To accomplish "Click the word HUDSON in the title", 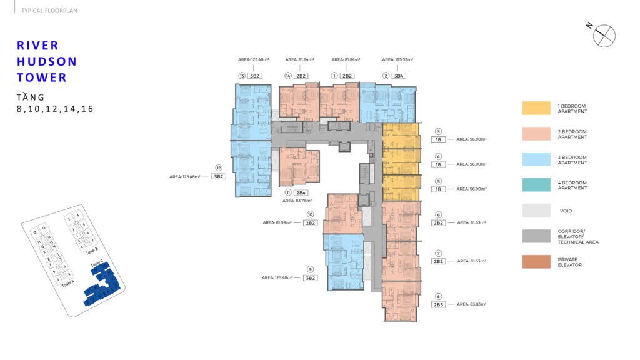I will (x=47, y=61).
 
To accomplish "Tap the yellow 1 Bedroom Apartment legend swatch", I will (x=536, y=108).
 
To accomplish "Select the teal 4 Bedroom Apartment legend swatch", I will (x=536, y=185).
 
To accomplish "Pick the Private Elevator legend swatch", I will (x=536, y=262).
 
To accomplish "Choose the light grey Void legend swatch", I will (x=536, y=211).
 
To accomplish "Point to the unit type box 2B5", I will (x=438, y=304).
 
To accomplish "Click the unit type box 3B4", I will (x=399, y=76).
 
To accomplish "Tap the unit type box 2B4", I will (x=301, y=192).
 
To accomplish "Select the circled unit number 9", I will (x=310, y=269).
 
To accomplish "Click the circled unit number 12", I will (x=219, y=167).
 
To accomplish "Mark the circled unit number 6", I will (x=439, y=214).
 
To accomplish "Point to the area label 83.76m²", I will (x=296, y=201).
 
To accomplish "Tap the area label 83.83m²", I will (x=471, y=304).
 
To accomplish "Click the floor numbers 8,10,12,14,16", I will (x=55, y=109).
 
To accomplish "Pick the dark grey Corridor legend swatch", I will (x=536, y=236).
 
